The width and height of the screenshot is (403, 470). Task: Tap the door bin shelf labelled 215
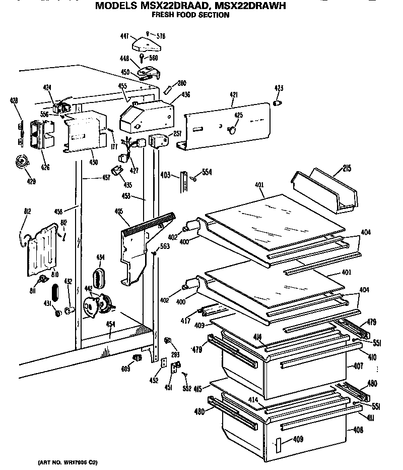[x=325, y=190]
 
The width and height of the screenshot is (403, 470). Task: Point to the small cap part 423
[x=277, y=103]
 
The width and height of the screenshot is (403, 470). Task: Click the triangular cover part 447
[x=146, y=46]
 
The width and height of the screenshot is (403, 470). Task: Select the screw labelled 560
[x=143, y=57]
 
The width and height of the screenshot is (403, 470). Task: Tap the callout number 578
[x=161, y=36]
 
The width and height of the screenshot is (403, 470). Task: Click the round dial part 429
[x=22, y=163]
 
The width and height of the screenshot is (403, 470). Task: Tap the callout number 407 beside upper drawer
[x=358, y=365]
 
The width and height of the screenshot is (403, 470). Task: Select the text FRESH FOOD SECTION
[x=191, y=15]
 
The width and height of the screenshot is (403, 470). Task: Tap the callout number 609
[x=125, y=369]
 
